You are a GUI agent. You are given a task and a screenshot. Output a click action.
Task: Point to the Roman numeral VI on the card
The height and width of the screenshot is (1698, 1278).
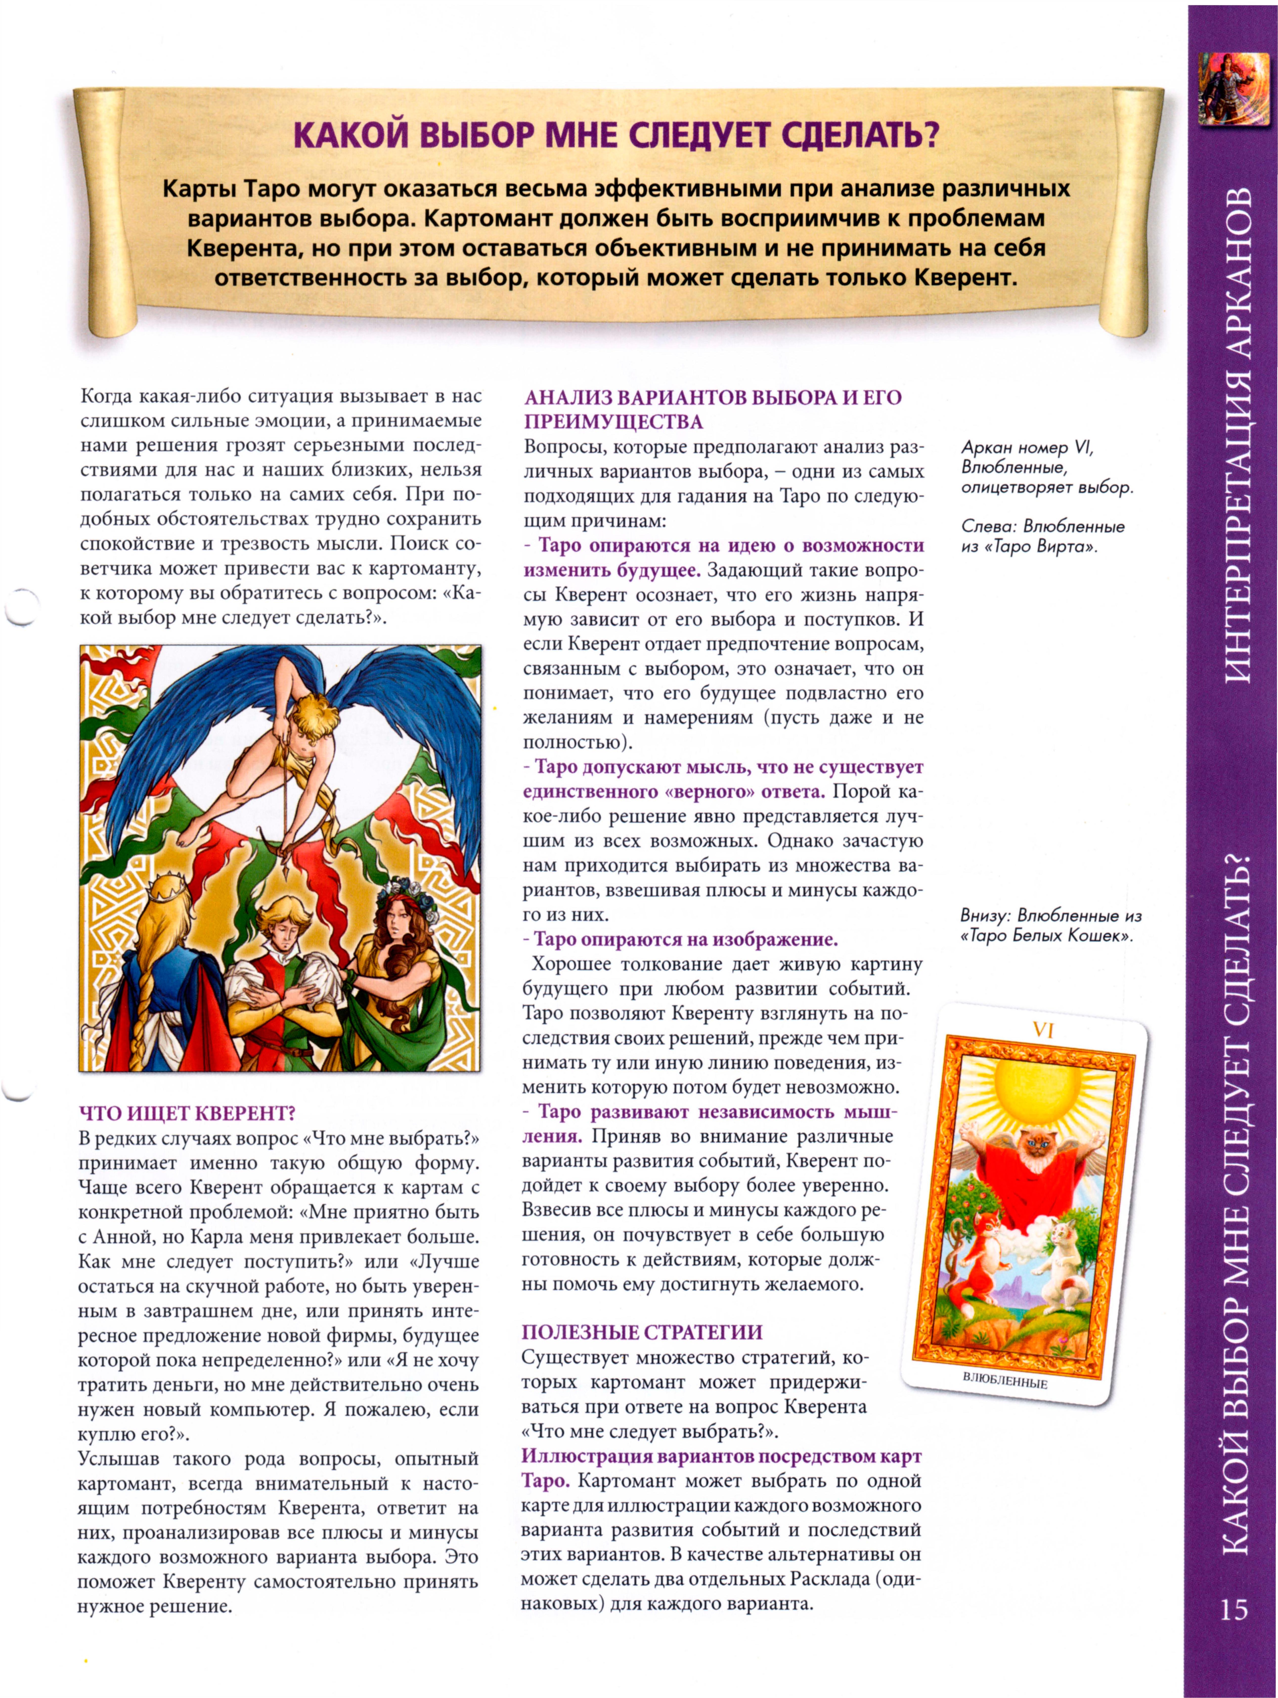click(x=1042, y=1030)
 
